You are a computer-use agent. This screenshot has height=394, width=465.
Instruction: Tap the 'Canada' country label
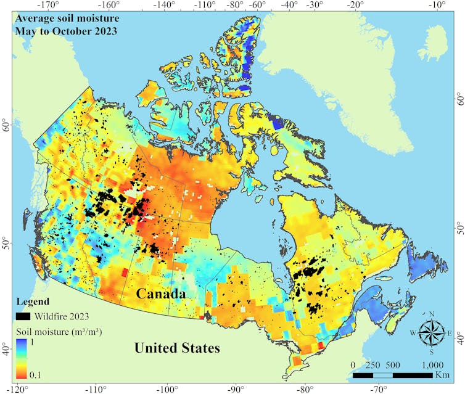coord(162,294)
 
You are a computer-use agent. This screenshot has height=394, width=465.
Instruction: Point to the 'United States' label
coord(177,348)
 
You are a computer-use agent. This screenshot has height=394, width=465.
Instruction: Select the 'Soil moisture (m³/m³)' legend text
coord(59,332)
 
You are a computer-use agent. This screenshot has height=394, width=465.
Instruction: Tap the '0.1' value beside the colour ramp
coord(37,372)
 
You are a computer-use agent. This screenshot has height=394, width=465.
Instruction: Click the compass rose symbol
coord(431,334)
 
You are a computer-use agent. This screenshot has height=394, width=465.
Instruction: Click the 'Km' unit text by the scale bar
coord(442,375)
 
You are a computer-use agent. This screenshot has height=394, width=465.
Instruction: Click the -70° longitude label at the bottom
coord(379,388)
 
